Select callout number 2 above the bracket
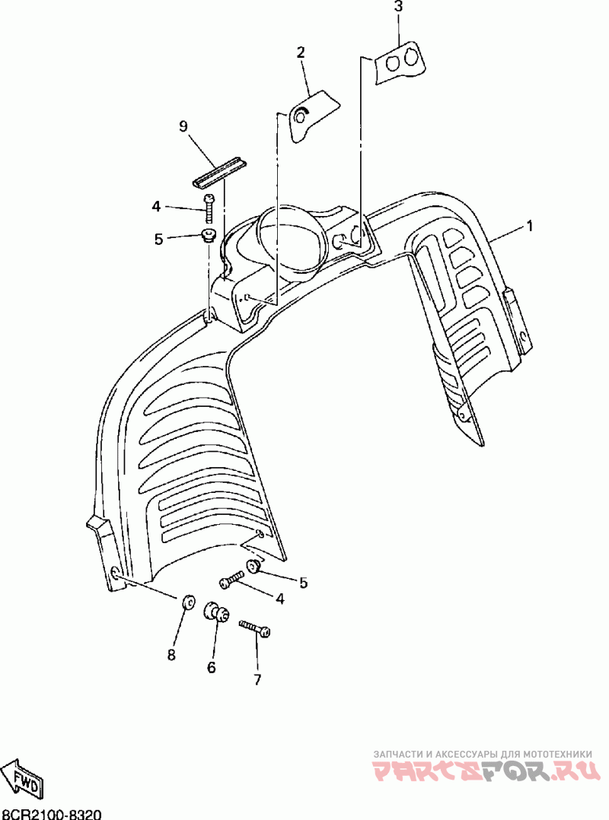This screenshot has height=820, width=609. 301,52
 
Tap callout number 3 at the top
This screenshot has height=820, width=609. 398,7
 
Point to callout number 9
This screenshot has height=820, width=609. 183,126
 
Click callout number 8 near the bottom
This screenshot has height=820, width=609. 171,654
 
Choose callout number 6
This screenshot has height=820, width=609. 212,667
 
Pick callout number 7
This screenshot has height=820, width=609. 257,679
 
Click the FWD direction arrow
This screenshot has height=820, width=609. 22,777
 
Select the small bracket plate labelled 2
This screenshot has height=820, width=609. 312,113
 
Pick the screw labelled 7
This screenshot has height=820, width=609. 254,628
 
